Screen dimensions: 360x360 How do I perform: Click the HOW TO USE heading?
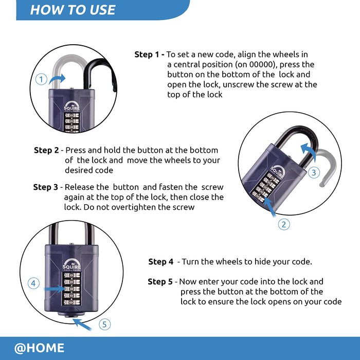tap(73, 10)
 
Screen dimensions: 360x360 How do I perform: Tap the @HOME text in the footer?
tap(40, 348)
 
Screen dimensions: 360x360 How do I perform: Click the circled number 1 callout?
tap(41, 80)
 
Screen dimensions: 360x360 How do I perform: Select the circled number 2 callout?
tap(284, 224)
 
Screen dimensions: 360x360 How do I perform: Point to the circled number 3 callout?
tap(314, 173)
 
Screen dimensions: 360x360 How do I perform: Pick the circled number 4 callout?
tap(33, 283)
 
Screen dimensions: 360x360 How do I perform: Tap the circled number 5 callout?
tap(104, 325)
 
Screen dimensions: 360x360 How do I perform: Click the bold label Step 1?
tap(149, 55)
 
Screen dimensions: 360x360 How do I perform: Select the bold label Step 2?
tap(46, 150)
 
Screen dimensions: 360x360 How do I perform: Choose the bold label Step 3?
tap(46, 187)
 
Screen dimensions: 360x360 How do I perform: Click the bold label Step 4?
tap(161, 262)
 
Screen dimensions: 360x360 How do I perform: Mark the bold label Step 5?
tap(160, 282)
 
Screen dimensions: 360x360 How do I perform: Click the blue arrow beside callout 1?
tap(58, 78)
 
